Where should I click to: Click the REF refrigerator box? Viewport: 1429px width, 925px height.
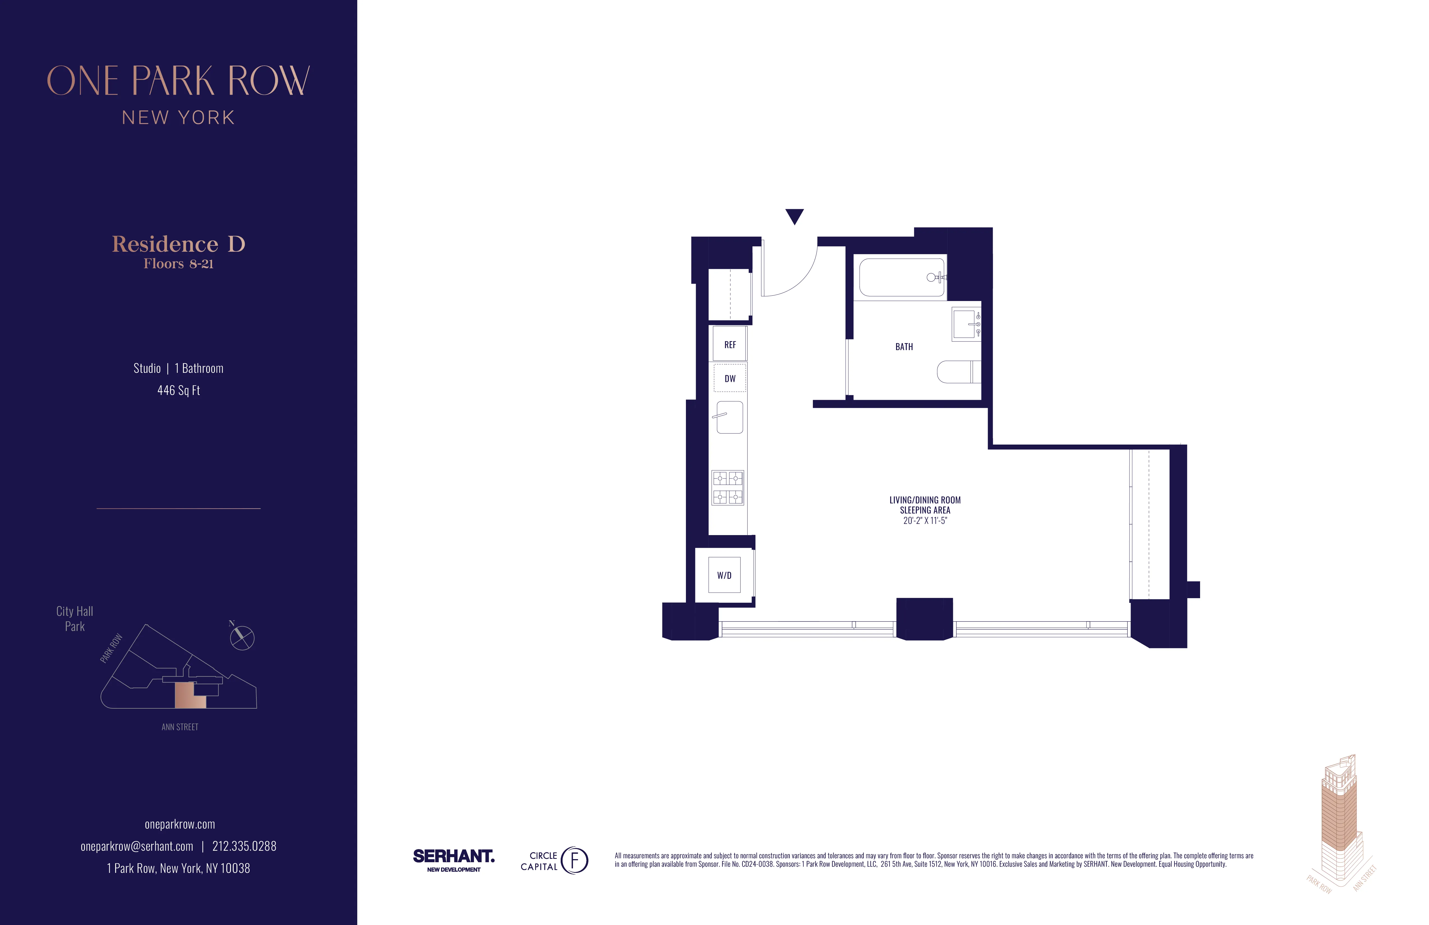coord(730,344)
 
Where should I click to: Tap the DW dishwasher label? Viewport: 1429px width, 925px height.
coord(730,378)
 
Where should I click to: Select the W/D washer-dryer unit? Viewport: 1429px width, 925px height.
coord(724,575)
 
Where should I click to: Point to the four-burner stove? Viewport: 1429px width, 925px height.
coord(728,487)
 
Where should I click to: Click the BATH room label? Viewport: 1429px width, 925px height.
coord(904,346)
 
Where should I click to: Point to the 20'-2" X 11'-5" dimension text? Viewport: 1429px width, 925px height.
coord(925,521)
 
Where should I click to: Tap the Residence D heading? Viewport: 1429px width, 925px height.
coord(178,244)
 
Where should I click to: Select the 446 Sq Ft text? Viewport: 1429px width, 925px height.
coord(178,390)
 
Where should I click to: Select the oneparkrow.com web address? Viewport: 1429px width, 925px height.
coord(180,824)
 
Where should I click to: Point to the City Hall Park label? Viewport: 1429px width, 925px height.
coord(75,619)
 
